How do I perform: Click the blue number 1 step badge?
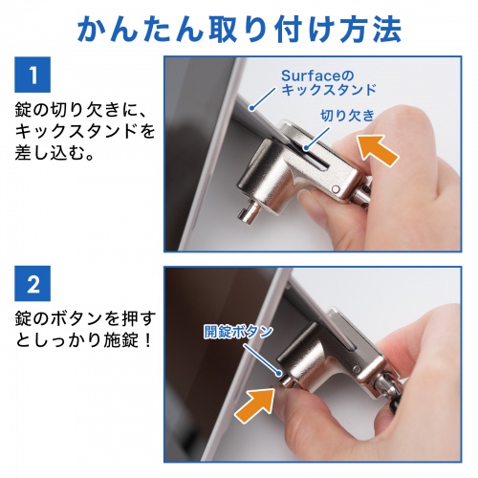(x=32, y=74)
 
